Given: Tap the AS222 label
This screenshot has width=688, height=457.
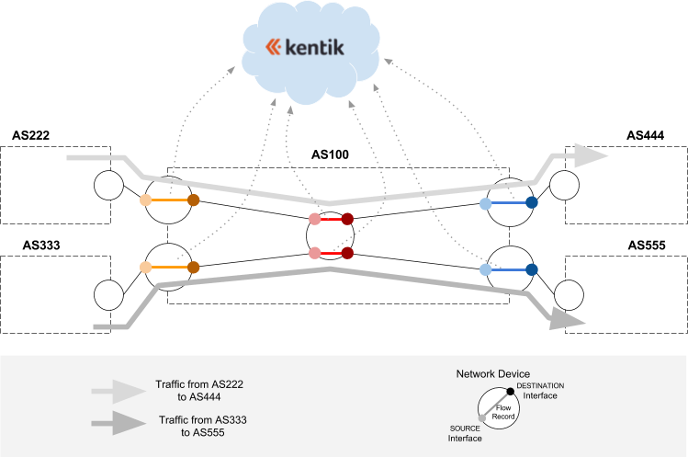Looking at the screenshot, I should pyautogui.click(x=30, y=135).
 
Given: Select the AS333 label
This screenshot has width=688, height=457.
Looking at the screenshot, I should pyautogui.click(x=30, y=246).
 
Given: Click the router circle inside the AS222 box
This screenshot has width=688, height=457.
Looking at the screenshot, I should pyautogui.click(x=107, y=185).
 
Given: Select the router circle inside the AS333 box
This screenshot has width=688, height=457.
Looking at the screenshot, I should pyautogui.click(x=107, y=295).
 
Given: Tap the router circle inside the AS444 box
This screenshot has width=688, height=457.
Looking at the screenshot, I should pyautogui.click(x=565, y=185).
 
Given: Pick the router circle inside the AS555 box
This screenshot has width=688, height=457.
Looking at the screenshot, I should pyautogui.click(x=567, y=295).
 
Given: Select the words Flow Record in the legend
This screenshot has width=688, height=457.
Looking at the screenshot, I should pyautogui.click(x=503, y=411).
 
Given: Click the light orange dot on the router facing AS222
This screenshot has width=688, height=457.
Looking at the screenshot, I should pyautogui.click(x=145, y=200).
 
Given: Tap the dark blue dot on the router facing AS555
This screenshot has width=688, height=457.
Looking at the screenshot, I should pyautogui.click(x=531, y=269).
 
